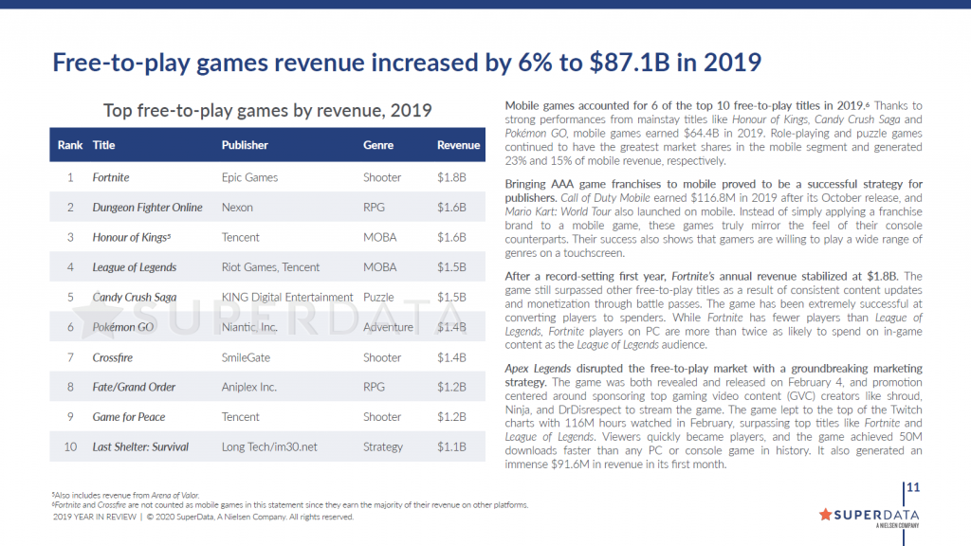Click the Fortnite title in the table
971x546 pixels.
tap(111, 177)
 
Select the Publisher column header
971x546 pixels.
tap(245, 145)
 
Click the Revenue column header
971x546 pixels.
tap(458, 145)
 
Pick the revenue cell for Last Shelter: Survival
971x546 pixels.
tap(451, 446)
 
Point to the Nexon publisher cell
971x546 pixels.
tap(237, 208)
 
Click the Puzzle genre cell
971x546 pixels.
tap(380, 298)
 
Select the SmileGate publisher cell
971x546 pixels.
tap(247, 357)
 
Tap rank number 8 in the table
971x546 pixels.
tap(70, 387)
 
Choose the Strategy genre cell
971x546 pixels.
tap(383, 446)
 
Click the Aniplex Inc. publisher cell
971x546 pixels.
tap(249, 387)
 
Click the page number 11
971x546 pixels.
tap(914, 488)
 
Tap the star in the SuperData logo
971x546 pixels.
tap(825, 515)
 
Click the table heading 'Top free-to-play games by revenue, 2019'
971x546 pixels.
tap(267, 110)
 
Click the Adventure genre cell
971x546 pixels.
tap(388, 327)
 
